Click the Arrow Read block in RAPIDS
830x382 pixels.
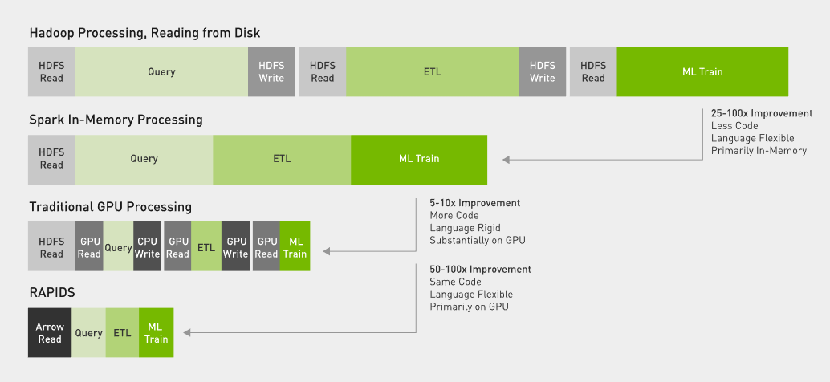pos(50,333)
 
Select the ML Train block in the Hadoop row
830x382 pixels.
pos(702,72)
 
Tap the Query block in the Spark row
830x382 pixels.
pos(144,159)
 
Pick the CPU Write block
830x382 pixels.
pos(147,246)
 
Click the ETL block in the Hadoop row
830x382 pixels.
pos(433,72)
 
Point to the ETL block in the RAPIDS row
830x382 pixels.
pos(122,333)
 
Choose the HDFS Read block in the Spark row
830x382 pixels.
pos(51,159)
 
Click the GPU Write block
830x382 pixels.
pos(235,246)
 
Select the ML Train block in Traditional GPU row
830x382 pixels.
pos(295,246)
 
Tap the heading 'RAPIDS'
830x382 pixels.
pos(52,293)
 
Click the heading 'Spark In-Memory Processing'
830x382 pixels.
pos(116,120)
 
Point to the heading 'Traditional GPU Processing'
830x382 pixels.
pos(110,206)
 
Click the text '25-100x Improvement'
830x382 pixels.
pos(762,113)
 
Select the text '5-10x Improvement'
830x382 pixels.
pos(475,203)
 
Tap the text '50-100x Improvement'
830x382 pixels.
pos(480,270)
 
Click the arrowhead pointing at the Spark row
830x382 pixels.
pos(506,159)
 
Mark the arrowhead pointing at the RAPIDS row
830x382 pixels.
pos(187,333)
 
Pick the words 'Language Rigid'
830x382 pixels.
pos(465,228)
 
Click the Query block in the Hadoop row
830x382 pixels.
pos(161,72)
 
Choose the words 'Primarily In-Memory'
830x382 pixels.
pos(759,151)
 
